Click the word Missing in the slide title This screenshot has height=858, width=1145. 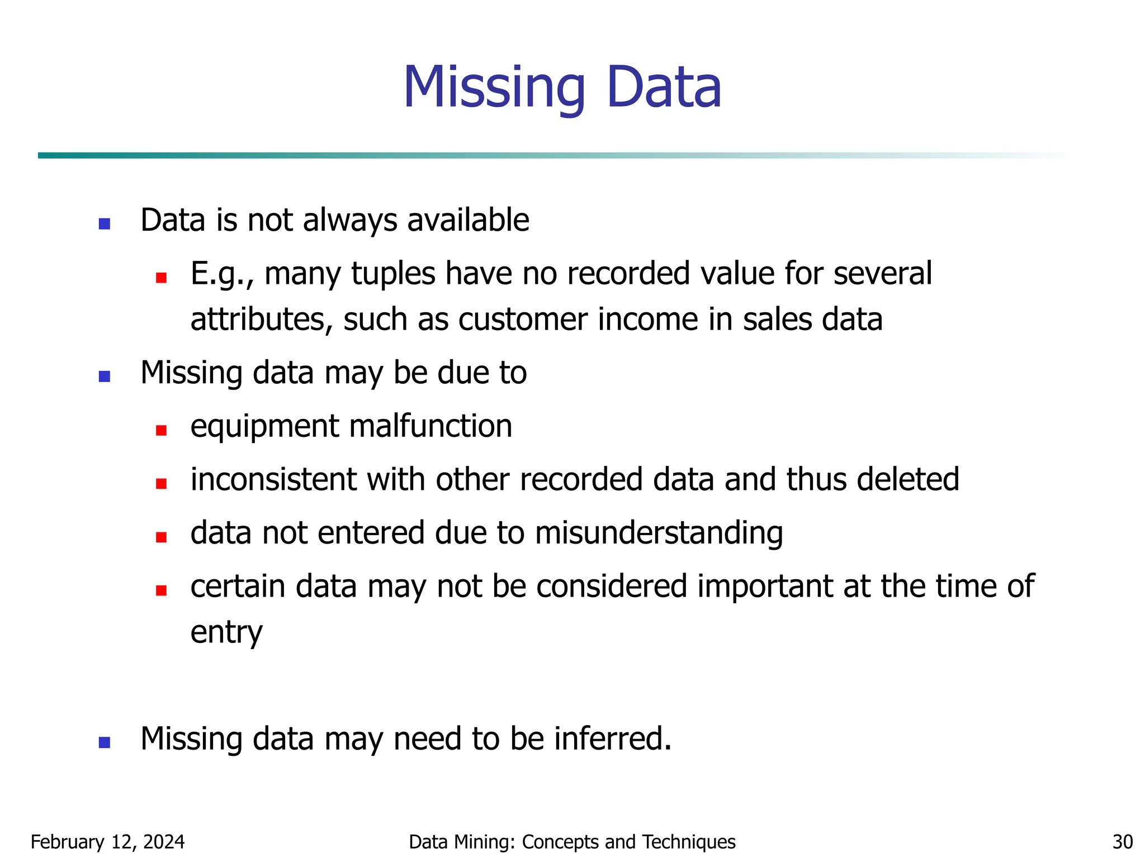tap(494, 88)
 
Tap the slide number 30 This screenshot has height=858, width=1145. tap(1123, 842)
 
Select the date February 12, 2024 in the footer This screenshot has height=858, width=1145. tap(107, 842)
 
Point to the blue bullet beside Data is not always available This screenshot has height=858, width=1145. tap(105, 224)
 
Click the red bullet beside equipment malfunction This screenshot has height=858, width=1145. tap(162, 430)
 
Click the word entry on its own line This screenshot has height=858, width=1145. tap(226, 633)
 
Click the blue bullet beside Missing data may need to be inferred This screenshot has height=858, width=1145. tap(105, 742)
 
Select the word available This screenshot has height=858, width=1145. tap(468, 220)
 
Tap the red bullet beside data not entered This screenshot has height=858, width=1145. tap(162, 537)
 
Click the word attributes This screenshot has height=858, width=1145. tap(262, 320)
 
